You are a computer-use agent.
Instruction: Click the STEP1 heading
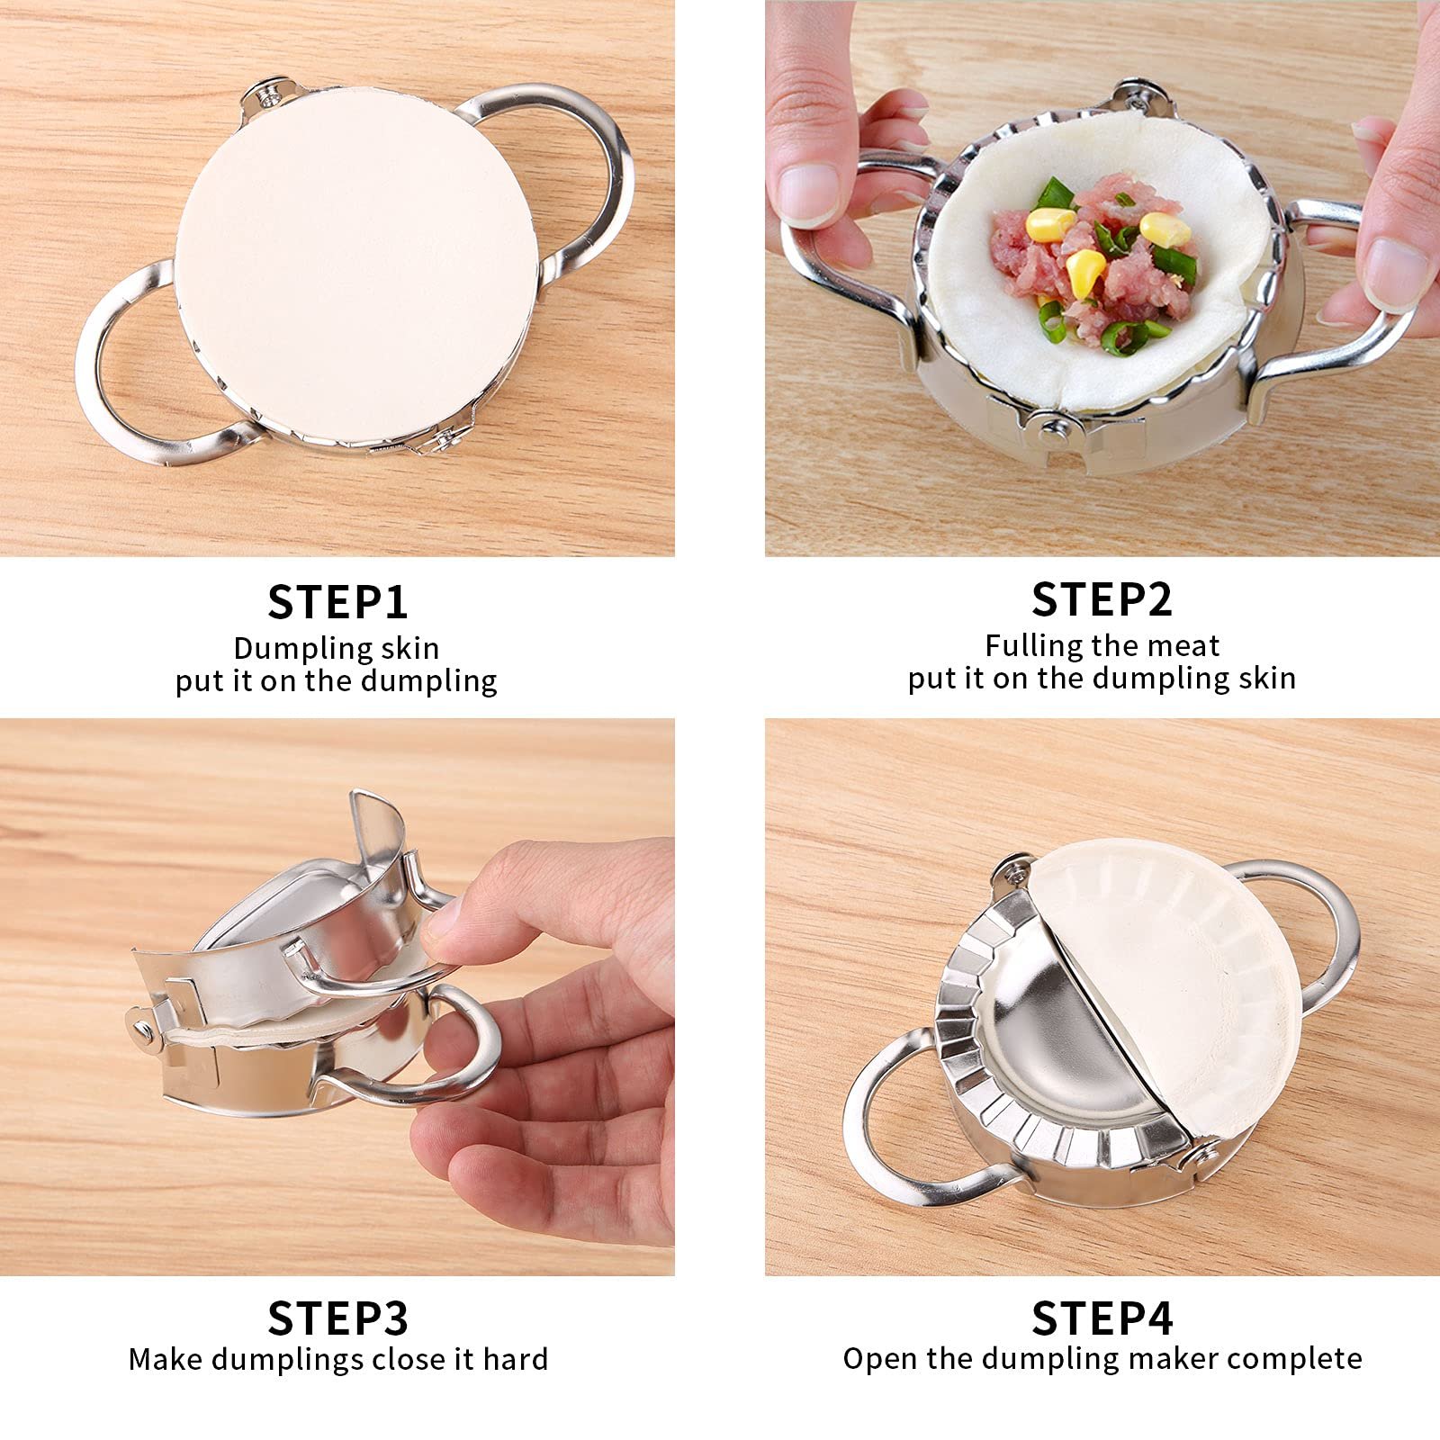click(337, 602)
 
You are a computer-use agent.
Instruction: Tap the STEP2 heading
click(1102, 599)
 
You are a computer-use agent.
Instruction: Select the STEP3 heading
click(337, 1318)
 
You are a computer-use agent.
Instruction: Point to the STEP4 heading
click(1102, 1318)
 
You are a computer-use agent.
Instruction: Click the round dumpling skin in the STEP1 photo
click(360, 265)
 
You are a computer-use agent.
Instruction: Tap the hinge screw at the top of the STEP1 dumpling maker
click(266, 92)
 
